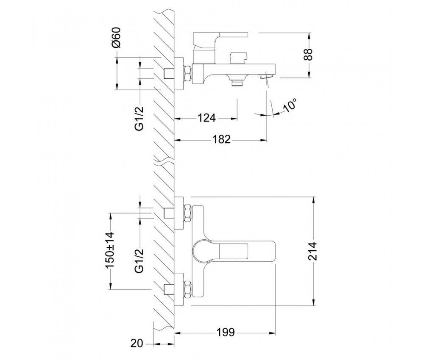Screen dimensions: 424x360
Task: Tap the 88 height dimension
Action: click(309, 55)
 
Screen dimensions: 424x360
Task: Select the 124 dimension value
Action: click(206, 118)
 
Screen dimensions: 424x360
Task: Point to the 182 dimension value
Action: click(222, 140)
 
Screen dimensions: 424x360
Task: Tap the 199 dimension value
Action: click(226, 332)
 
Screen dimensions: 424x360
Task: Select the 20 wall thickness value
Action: click(137, 343)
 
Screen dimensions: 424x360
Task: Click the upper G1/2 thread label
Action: click(139, 119)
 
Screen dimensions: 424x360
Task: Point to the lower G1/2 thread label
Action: click(139, 261)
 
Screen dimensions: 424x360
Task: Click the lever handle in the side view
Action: click(220, 39)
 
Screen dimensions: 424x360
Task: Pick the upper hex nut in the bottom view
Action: click(188, 213)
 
